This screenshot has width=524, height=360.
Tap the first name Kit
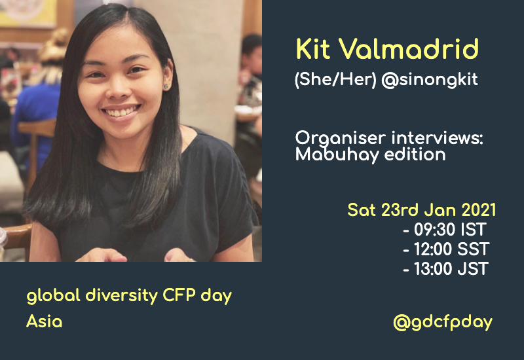[317, 50]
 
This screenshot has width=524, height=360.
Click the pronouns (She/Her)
[324, 80]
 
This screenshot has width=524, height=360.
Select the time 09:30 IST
[445, 230]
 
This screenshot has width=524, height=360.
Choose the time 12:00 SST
[446, 249]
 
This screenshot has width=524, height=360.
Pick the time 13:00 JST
[446, 268]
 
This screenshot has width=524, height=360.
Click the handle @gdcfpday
[442, 322]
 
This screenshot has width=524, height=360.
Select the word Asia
[45, 322]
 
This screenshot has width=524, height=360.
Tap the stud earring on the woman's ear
[166, 85]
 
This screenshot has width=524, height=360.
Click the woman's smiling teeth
[122, 112]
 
